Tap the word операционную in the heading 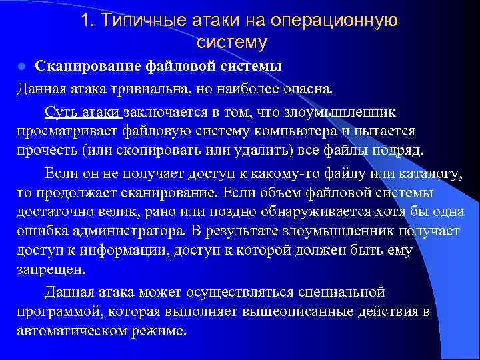point(335,21)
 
